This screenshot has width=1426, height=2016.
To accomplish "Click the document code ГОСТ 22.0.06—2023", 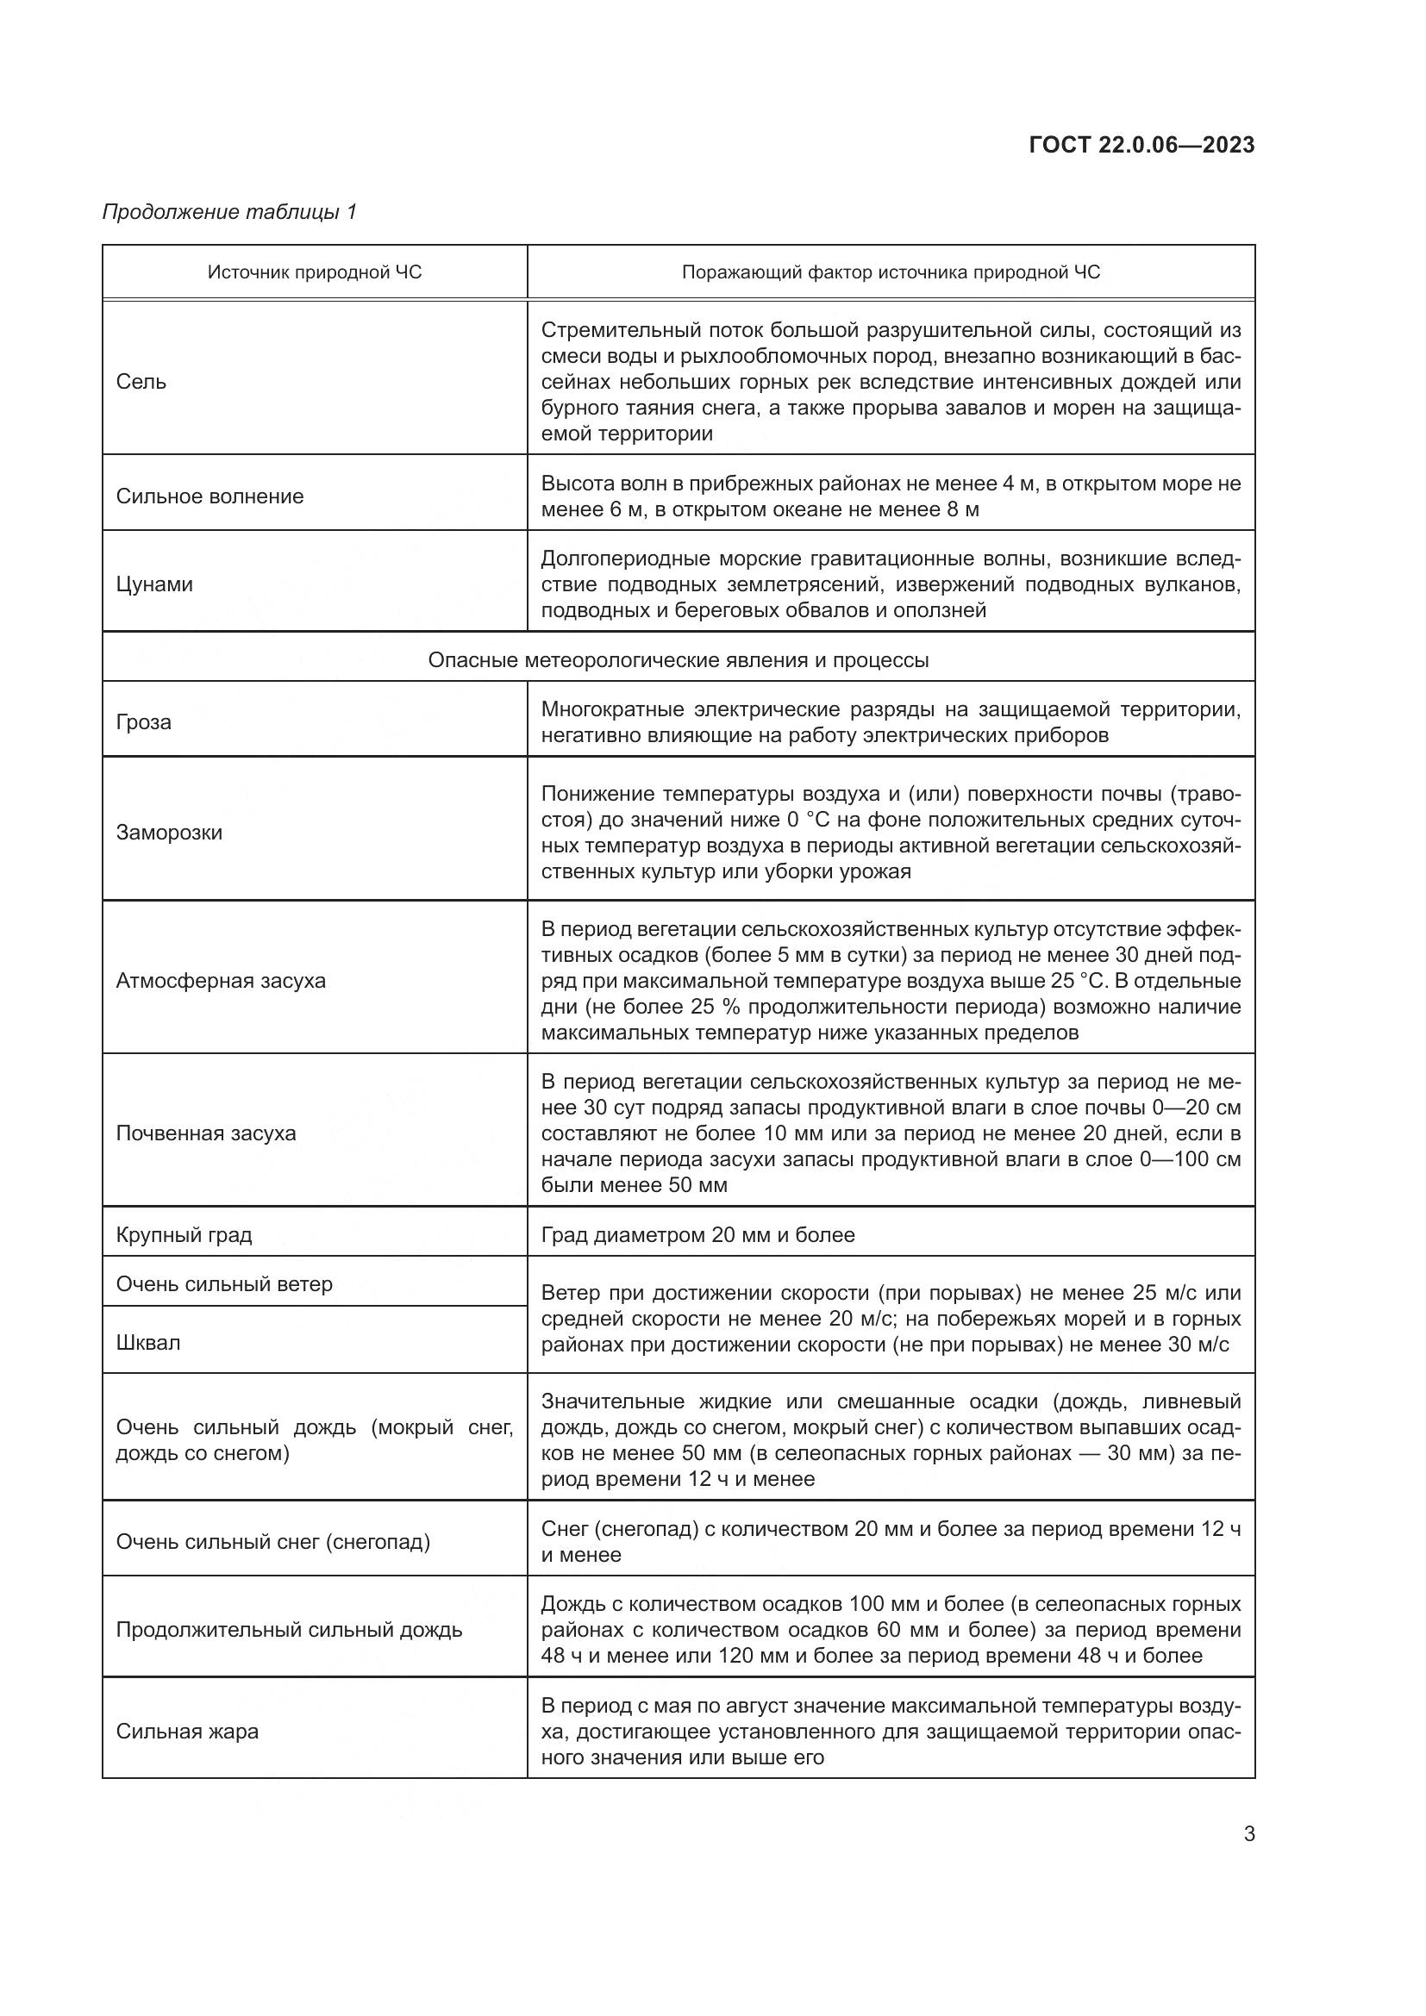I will (1141, 145).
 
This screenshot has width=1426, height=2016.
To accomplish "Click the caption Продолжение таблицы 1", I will (229, 212).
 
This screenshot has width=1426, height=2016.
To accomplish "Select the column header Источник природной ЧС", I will (315, 272).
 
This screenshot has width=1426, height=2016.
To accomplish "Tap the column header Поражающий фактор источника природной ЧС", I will (891, 272).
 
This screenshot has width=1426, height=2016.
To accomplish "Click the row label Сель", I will (141, 382).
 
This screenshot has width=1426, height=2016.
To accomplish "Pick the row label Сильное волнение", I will (210, 496).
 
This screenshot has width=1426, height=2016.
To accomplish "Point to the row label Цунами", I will (154, 584).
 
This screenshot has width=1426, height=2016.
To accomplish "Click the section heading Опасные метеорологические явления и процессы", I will (678, 659).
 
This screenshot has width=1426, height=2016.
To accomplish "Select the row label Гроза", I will (143, 721).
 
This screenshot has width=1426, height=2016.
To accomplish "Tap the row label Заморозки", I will (170, 832).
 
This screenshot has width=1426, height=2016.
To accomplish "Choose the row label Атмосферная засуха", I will (221, 981).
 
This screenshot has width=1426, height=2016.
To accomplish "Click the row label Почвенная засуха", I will (206, 1133).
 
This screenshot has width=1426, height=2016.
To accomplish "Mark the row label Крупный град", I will (185, 1234).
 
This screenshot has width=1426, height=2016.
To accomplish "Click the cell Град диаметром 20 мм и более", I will (697, 1234).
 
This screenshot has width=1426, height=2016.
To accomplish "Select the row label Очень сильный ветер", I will (225, 1283).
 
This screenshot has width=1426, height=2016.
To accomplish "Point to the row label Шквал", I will (148, 1343).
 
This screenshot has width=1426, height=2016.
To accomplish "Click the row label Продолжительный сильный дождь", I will (289, 1630).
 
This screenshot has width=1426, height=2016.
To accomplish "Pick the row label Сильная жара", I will (187, 1732).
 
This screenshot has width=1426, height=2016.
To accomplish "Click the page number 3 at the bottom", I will (1248, 1834).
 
